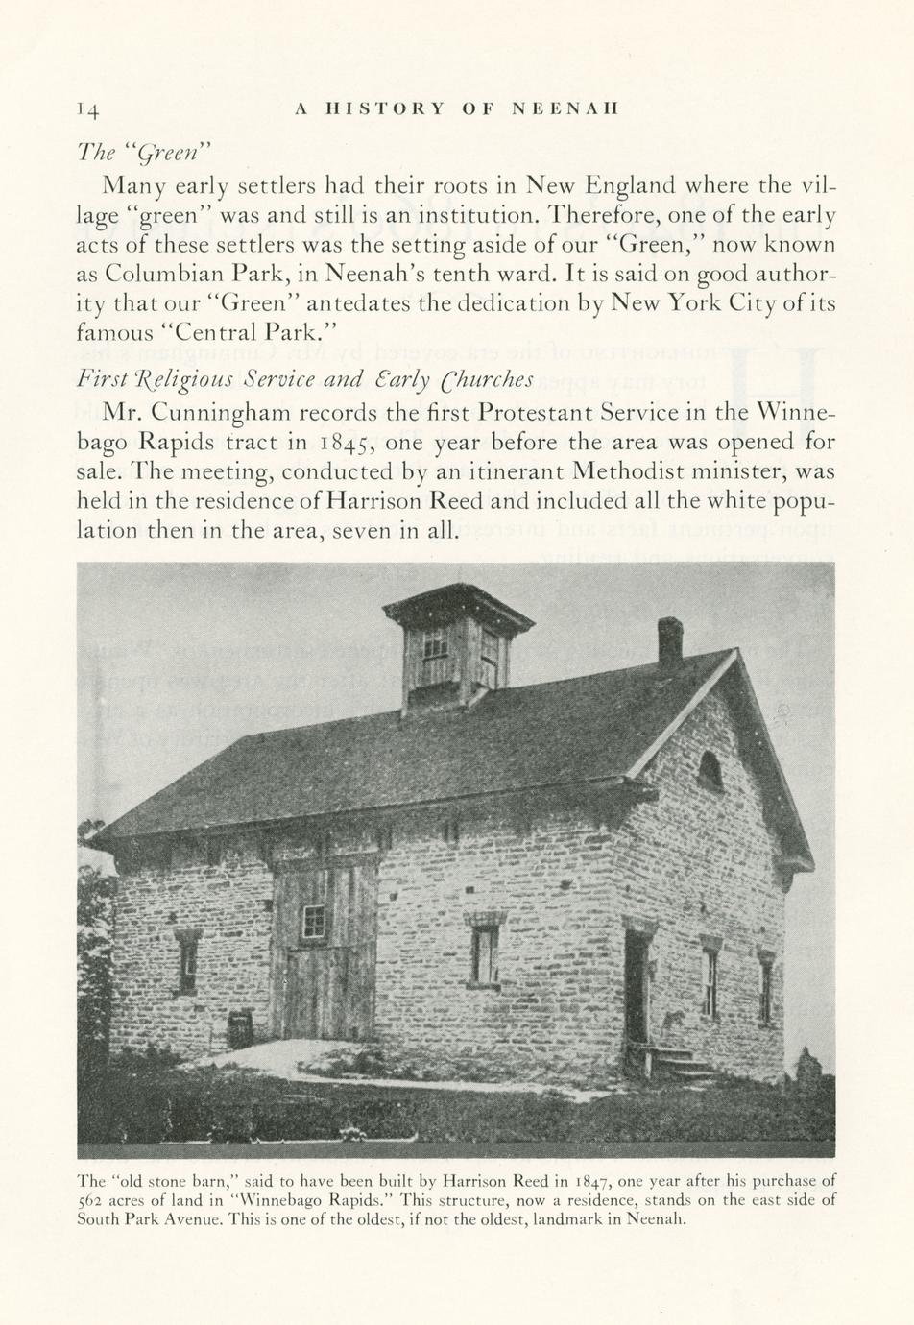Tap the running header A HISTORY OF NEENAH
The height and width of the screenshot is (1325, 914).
click(x=456, y=109)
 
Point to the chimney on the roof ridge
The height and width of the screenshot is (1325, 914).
click(x=669, y=641)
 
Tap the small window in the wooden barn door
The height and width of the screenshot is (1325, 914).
click(x=314, y=921)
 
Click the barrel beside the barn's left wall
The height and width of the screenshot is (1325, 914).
click(x=240, y=1027)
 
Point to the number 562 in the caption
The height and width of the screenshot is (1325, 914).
click(x=90, y=1200)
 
